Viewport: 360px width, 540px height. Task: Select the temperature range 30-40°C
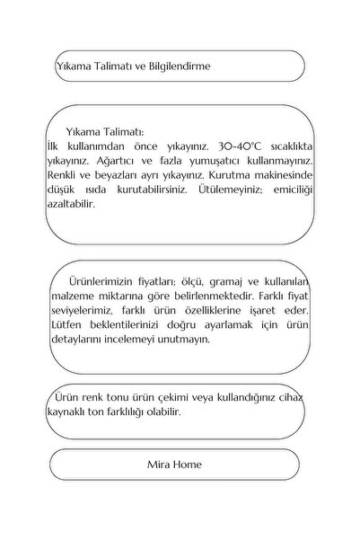pyautogui.click(x=242, y=144)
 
